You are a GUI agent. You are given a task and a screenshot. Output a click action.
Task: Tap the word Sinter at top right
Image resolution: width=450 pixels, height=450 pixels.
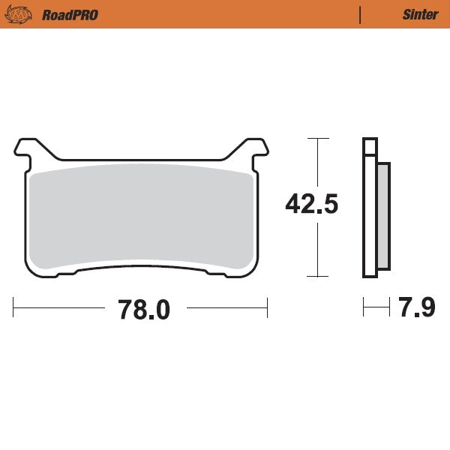tap(420, 15)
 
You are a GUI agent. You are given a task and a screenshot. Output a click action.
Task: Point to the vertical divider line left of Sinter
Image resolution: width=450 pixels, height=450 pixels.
tap(361, 15)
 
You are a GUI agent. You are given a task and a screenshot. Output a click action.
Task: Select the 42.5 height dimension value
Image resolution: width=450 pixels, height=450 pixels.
tap(311, 204)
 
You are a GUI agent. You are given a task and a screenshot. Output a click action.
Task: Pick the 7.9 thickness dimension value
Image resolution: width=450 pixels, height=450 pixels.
tap(417, 307)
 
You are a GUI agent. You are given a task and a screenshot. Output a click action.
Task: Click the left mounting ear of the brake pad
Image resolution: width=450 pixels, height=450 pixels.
tap(28, 148)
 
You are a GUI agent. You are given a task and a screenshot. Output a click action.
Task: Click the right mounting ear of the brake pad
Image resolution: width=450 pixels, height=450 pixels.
tap(254, 148)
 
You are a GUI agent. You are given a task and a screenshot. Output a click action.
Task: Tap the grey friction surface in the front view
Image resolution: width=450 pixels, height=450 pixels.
tap(141, 217)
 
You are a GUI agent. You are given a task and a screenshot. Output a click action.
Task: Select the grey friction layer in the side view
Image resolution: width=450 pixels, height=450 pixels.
tap(382, 216)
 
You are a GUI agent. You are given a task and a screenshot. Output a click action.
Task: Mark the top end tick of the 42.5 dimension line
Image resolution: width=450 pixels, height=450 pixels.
tap(319, 139)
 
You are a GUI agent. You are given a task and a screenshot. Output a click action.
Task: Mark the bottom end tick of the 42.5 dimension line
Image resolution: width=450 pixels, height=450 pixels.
tap(319, 277)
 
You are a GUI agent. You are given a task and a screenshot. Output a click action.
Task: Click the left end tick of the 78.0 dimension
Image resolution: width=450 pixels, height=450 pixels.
tap(14, 307)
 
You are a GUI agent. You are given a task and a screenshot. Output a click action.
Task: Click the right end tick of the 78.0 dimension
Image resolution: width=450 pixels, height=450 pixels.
tap(267, 307)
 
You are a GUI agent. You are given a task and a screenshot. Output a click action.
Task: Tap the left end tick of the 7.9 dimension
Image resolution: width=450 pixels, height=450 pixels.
tap(364, 307)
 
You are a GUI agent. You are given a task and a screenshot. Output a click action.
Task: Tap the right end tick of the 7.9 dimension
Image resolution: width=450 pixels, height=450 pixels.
tap(390, 307)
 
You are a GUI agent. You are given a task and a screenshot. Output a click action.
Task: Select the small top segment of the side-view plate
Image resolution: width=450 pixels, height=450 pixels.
tap(368, 146)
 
